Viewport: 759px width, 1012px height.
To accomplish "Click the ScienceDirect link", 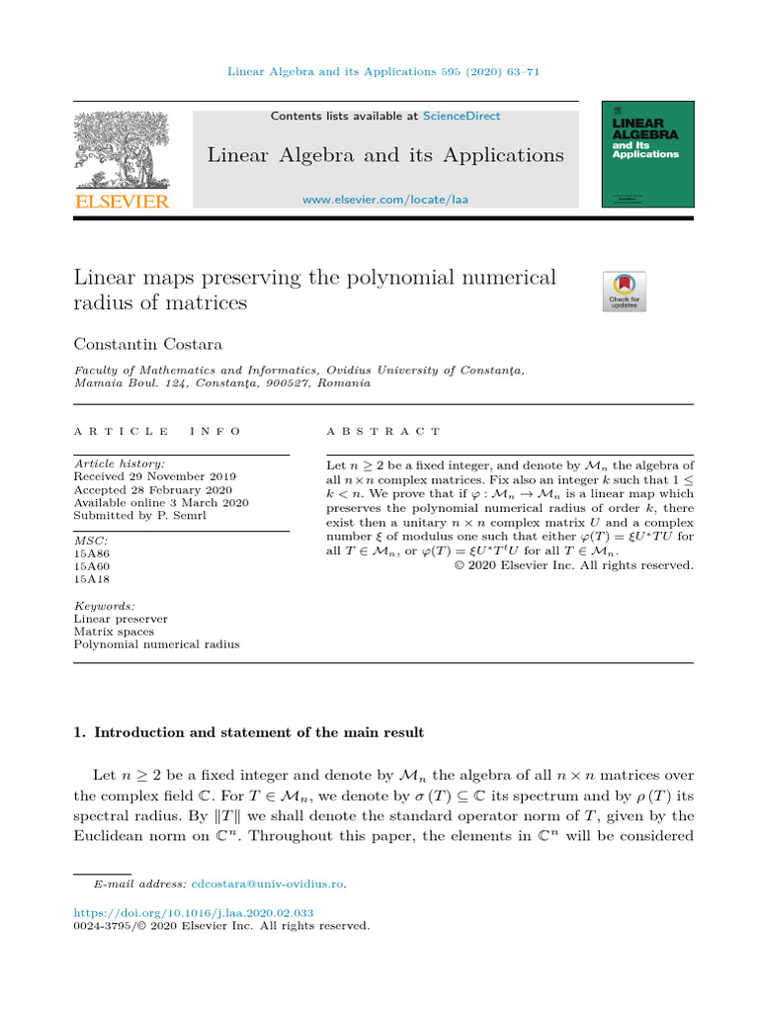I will [x=462, y=116].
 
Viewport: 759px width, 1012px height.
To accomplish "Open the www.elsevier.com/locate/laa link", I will [x=384, y=200].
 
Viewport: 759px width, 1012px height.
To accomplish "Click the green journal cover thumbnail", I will [x=647, y=154].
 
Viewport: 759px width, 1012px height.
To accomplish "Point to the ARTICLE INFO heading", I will [x=157, y=432].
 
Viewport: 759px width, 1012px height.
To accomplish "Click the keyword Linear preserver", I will [x=121, y=619].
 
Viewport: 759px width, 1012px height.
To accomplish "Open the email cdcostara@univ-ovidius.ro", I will [x=269, y=884].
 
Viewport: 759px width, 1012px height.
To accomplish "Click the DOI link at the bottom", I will [x=194, y=913].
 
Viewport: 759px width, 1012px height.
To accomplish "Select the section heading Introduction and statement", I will [x=249, y=732].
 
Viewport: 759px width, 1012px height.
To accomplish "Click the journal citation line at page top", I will [x=383, y=71].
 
